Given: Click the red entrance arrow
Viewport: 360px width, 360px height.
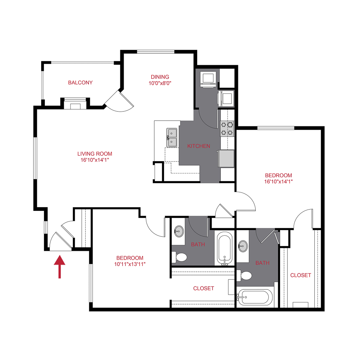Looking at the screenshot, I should point(60,267).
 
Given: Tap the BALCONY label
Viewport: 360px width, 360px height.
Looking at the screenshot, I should point(80,83).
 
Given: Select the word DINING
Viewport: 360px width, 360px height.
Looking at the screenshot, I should point(160,77).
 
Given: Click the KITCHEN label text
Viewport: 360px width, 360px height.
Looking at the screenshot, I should point(199,146).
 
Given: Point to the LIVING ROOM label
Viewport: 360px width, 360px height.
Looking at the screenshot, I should point(95,154).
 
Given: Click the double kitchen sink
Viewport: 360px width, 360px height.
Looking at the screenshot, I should point(172,137).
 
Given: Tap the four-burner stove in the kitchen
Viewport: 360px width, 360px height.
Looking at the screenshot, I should point(227,129).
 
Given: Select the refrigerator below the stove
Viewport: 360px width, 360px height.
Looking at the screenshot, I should point(226,158).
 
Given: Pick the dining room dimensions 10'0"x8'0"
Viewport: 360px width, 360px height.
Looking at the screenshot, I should point(160,84).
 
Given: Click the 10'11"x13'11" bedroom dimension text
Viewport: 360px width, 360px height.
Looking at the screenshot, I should point(130,264).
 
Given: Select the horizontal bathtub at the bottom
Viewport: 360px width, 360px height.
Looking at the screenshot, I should point(255,297).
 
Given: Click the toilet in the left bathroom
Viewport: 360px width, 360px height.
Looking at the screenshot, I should point(180,257).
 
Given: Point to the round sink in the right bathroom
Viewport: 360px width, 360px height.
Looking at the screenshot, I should point(243,246).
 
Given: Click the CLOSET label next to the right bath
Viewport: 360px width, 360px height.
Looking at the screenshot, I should point(300,275).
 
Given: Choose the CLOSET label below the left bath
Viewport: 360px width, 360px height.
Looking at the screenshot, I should point(203,288).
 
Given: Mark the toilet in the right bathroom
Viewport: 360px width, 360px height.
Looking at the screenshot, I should point(245,276).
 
